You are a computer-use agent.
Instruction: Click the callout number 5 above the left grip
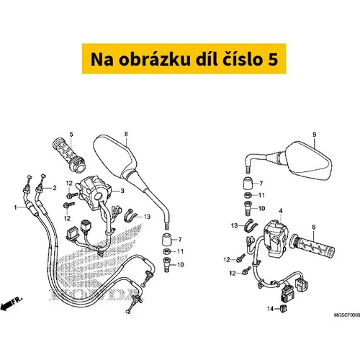71,134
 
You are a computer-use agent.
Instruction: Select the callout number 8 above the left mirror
126,134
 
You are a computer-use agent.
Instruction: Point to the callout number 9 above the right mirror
315,135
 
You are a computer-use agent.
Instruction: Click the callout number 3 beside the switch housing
122,191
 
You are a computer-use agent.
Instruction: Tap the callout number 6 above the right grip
314,227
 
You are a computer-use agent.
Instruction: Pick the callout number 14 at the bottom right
271,309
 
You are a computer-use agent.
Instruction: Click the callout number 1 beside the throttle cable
16,207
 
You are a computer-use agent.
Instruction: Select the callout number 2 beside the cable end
55,188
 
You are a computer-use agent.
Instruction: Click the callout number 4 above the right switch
281,211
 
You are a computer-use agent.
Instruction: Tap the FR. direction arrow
12,304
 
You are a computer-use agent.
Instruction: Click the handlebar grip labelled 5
69,155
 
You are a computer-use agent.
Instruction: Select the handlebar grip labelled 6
312,246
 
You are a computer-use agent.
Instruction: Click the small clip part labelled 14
284,308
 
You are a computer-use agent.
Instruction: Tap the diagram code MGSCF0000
347,315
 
